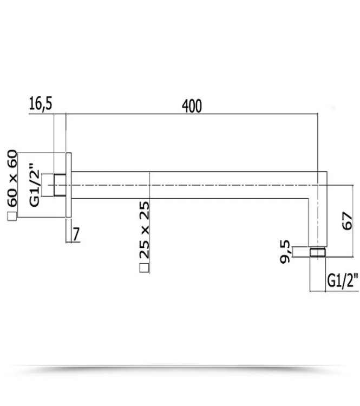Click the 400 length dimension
coord(192,106)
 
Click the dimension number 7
coord(76,234)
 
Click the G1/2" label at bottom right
coord(343,280)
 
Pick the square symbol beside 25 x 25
coord(144,267)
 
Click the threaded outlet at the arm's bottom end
coord(317,252)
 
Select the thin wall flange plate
coord(68,185)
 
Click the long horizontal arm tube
coord(189,179)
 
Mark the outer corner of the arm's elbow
coord(326,172)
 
